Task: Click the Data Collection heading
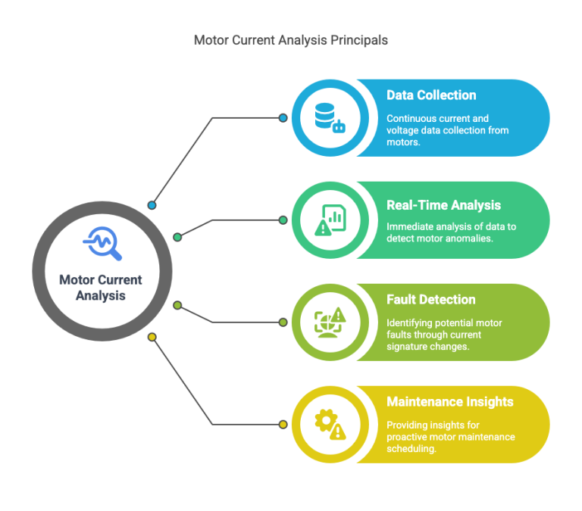coord(431,95)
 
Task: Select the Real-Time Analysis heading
coord(443,205)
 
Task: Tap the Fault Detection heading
coord(431,300)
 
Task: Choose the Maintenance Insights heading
coord(450,401)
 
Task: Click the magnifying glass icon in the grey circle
coord(102,243)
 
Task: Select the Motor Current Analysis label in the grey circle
coord(101,288)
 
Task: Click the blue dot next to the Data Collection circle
coord(283,118)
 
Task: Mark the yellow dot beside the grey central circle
coord(152,337)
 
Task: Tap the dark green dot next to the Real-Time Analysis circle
coord(283,220)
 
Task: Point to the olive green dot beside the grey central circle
coord(177,306)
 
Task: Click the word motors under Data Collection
coord(403,142)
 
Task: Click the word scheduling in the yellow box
coord(411,449)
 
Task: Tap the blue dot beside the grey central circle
coord(152,205)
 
